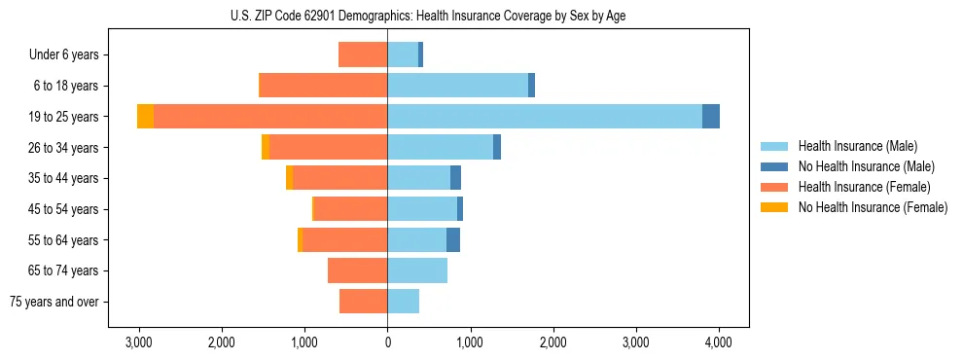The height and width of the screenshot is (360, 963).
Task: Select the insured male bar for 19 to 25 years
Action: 545,117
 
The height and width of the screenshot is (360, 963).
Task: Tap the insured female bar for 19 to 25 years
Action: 270,117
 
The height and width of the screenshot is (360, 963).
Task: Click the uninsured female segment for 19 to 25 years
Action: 145,117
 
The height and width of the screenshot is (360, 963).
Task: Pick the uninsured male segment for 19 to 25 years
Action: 711,117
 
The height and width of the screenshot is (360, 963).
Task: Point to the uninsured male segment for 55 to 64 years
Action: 453,240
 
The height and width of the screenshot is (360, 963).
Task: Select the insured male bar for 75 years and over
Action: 403,302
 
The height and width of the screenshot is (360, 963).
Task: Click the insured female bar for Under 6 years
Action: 363,54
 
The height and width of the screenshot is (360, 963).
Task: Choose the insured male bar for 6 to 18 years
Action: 457,86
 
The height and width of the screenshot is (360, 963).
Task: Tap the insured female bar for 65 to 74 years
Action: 357,270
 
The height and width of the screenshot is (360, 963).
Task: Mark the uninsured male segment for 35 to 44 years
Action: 455,178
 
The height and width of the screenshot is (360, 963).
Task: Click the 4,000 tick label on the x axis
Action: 719,342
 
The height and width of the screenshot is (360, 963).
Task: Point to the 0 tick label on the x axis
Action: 387,342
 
